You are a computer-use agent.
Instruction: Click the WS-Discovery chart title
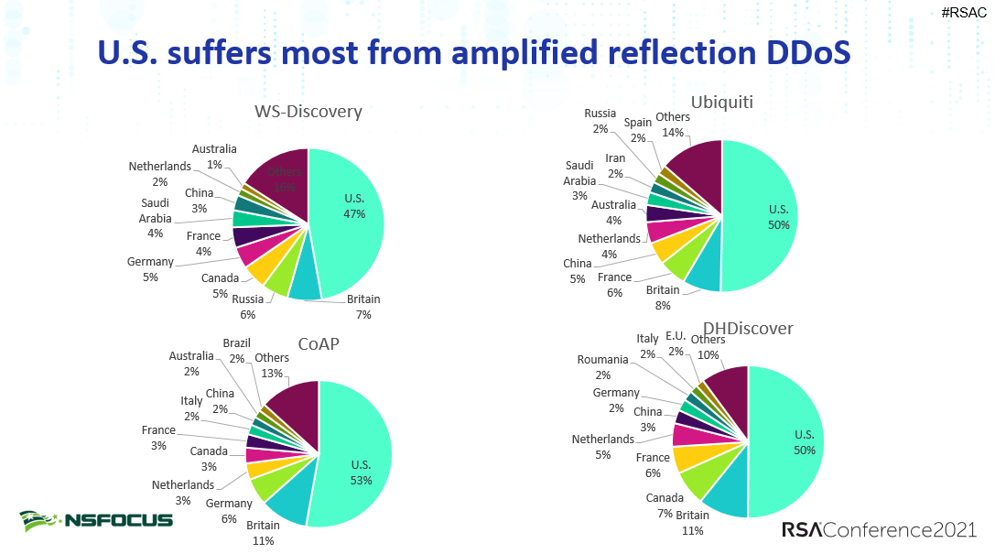coord(308,112)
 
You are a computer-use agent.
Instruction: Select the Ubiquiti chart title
coord(721,102)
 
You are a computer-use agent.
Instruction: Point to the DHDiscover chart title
coord(748,328)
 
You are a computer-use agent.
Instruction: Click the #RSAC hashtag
coord(963,12)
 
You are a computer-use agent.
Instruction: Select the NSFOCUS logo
coord(96,520)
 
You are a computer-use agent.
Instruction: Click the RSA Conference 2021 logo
coord(879,530)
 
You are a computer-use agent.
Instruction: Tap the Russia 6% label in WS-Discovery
coord(248,306)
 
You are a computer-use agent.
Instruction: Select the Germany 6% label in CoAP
coord(228,511)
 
